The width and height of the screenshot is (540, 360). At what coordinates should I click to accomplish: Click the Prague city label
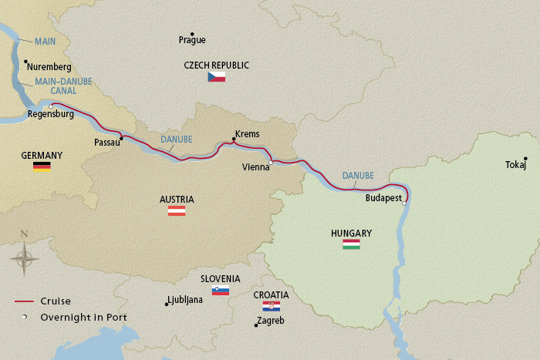[x=192, y=39]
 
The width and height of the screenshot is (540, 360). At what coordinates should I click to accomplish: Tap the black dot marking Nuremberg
[x=25, y=62]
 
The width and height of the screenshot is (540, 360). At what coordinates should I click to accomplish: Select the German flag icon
[x=42, y=166]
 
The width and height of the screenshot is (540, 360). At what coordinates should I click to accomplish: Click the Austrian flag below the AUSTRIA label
[x=177, y=210]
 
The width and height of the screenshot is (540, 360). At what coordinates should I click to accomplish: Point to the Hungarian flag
[x=351, y=244]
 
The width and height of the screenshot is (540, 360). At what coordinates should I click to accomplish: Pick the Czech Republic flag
[x=216, y=77]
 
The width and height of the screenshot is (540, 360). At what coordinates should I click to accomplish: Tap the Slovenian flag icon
[x=221, y=291]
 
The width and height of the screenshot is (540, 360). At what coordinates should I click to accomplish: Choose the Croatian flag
[x=271, y=306]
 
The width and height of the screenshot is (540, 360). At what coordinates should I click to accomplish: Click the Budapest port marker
[x=404, y=204]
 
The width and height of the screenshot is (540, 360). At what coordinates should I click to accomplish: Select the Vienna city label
[x=255, y=167]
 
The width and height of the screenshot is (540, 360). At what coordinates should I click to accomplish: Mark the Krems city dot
[x=234, y=140]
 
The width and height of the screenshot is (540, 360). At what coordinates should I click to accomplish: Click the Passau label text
[x=106, y=143]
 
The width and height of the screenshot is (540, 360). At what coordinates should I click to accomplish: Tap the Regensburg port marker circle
[x=51, y=106]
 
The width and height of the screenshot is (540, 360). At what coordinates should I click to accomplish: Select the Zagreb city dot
[x=256, y=325]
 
